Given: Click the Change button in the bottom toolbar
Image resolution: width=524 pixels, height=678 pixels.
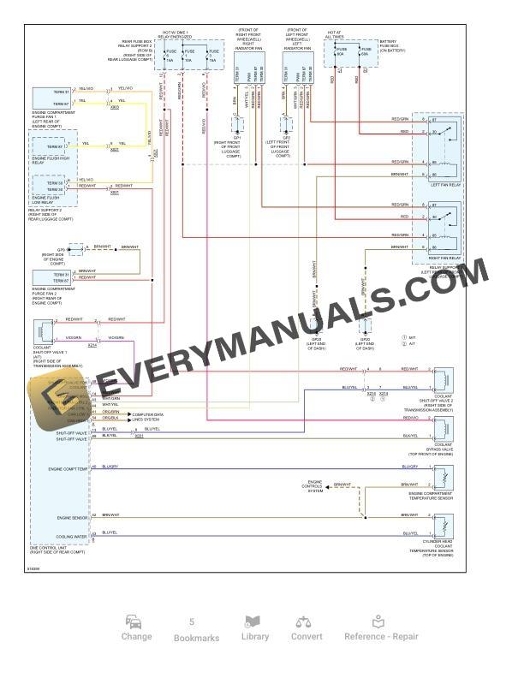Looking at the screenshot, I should [x=136, y=628].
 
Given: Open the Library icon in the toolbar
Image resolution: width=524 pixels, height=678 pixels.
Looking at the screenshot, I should [x=254, y=628].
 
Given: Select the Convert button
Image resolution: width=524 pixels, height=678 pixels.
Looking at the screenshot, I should [x=307, y=628].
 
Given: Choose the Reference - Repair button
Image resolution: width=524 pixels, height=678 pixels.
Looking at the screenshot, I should [x=381, y=628].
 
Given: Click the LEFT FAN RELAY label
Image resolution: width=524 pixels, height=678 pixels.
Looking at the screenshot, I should [x=445, y=185].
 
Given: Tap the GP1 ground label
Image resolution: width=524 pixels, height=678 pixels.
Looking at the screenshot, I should [x=236, y=137].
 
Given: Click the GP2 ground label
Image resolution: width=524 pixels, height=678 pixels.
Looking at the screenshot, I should [x=286, y=137].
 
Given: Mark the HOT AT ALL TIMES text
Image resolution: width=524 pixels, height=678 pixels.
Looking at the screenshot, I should [x=334, y=35].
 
